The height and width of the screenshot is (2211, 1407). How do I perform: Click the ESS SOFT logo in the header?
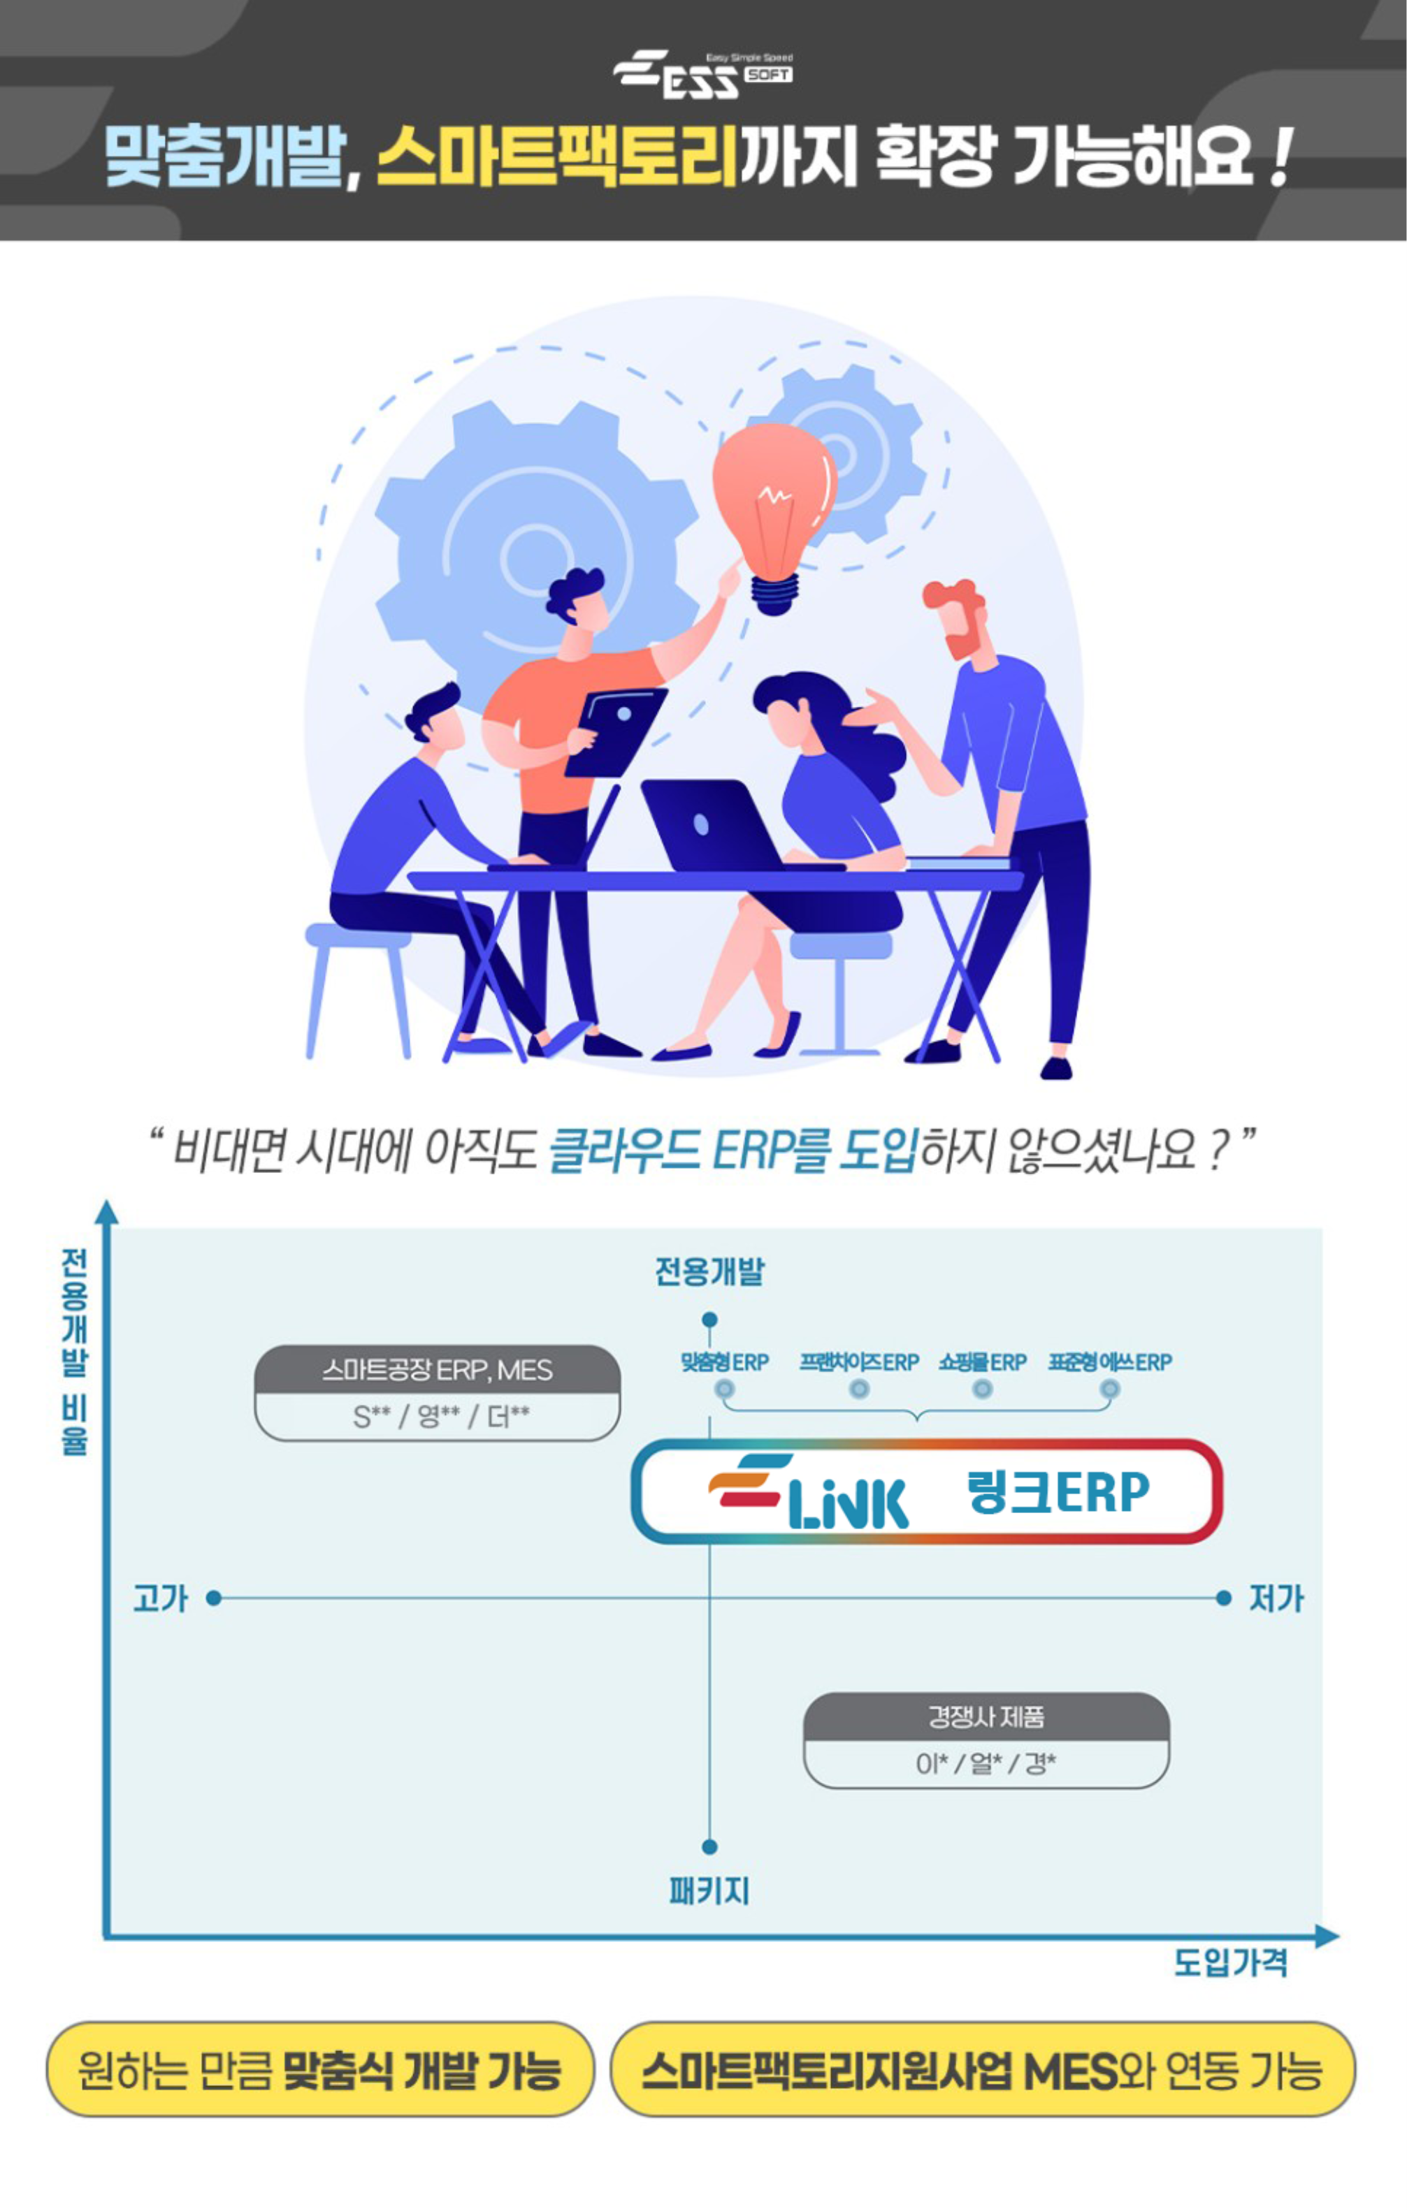(702, 73)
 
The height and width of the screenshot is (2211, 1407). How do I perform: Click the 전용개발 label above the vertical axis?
(709, 1271)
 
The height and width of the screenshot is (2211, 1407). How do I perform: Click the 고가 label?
(161, 1598)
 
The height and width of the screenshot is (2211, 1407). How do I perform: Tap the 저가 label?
(1276, 1598)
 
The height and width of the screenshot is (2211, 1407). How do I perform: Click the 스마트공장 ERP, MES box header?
(437, 1370)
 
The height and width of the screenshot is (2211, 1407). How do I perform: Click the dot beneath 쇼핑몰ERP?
(983, 1389)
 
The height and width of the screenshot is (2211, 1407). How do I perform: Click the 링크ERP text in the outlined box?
(1058, 1492)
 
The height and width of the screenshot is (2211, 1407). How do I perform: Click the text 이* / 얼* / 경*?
(986, 1763)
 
